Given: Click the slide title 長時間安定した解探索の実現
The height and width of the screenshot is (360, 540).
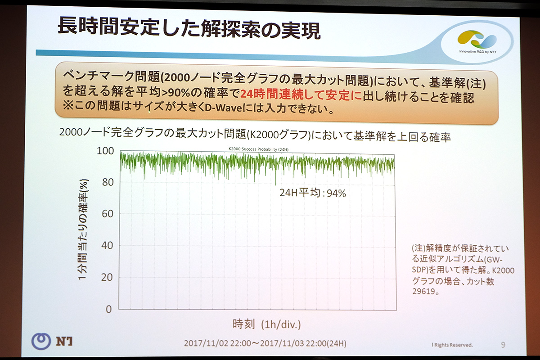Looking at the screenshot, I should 189,28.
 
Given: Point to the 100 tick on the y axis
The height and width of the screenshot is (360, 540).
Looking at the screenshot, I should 105,151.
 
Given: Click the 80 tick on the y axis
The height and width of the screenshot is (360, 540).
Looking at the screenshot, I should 107,182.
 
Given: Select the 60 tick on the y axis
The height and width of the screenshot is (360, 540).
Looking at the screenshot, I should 107,214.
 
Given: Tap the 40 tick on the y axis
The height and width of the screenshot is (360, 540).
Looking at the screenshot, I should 107,246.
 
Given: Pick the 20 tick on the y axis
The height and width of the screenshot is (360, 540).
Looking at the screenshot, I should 107,277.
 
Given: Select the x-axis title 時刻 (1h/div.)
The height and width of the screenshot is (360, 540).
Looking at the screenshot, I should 266,324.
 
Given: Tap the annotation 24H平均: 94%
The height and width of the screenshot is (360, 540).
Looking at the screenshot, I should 313,193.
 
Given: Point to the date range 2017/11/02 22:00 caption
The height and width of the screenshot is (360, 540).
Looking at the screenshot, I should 265,343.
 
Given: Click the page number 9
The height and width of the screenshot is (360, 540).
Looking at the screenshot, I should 503,345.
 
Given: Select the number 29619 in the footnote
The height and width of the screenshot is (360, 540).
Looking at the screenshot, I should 423,291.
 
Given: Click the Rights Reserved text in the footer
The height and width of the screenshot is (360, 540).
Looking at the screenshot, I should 452,345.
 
